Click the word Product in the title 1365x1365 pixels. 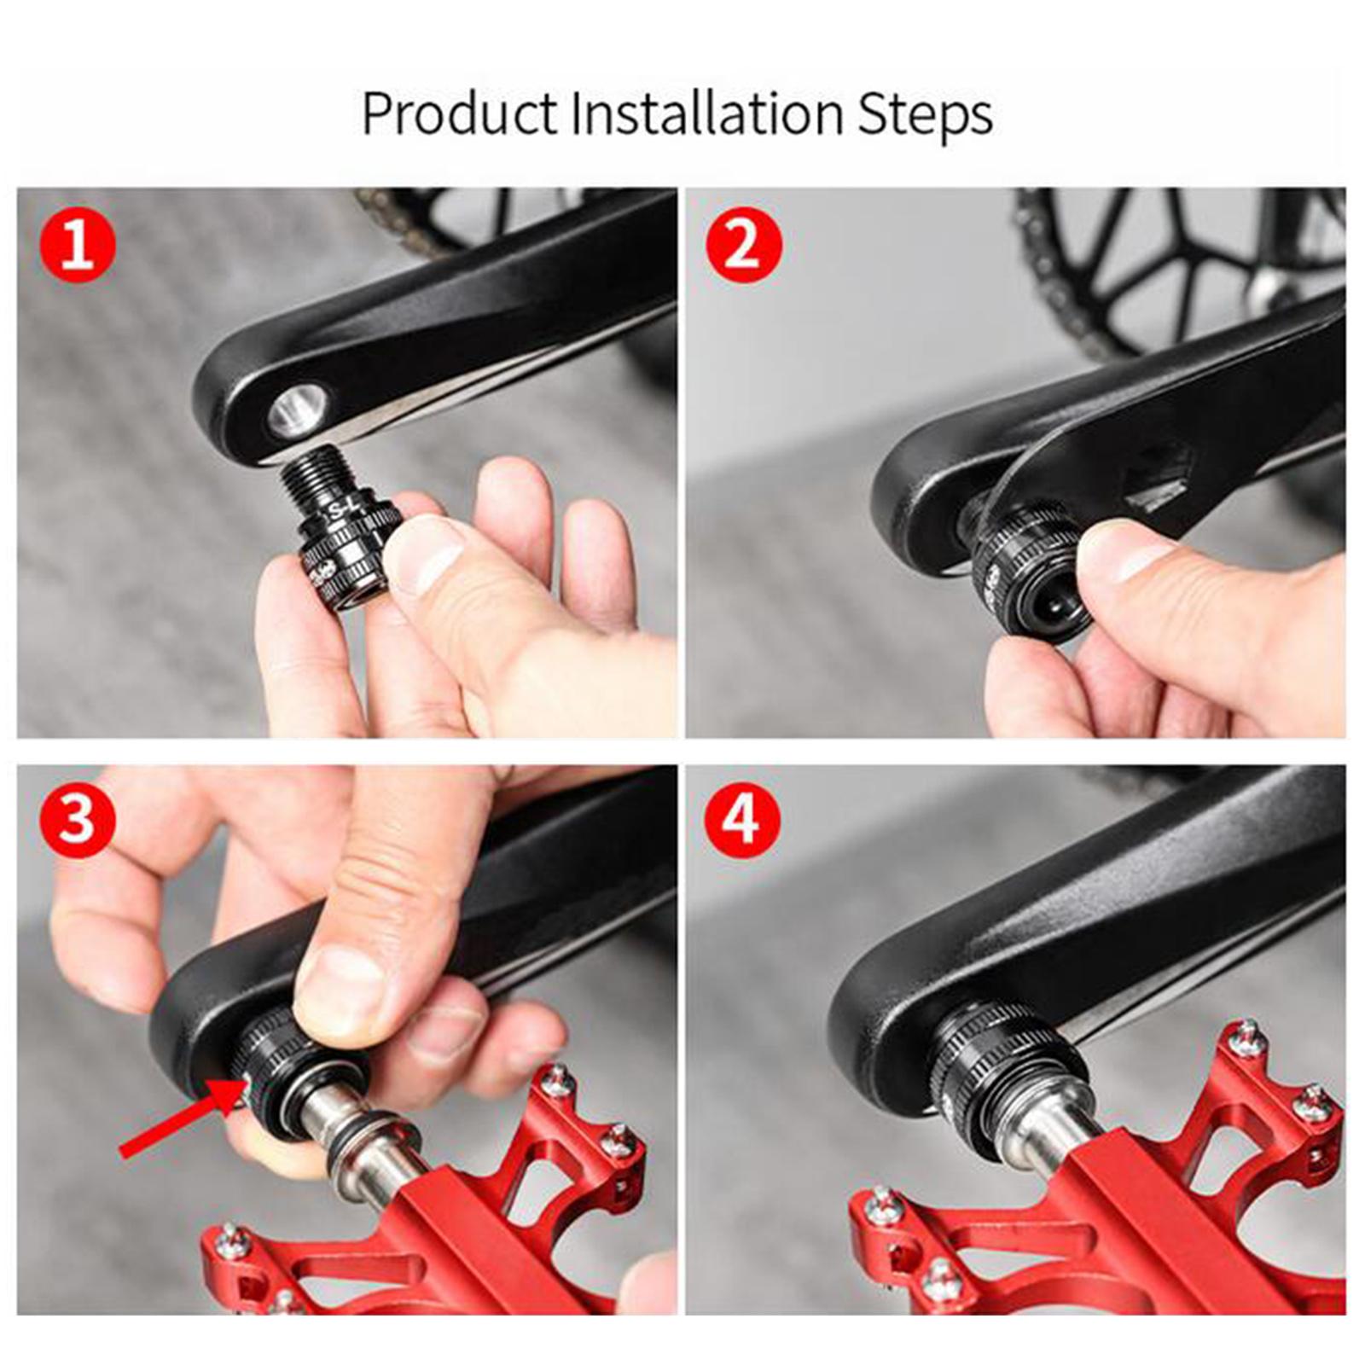pyautogui.click(x=459, y=113)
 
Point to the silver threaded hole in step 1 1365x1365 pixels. pyautogui.click(x=298, y=408)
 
